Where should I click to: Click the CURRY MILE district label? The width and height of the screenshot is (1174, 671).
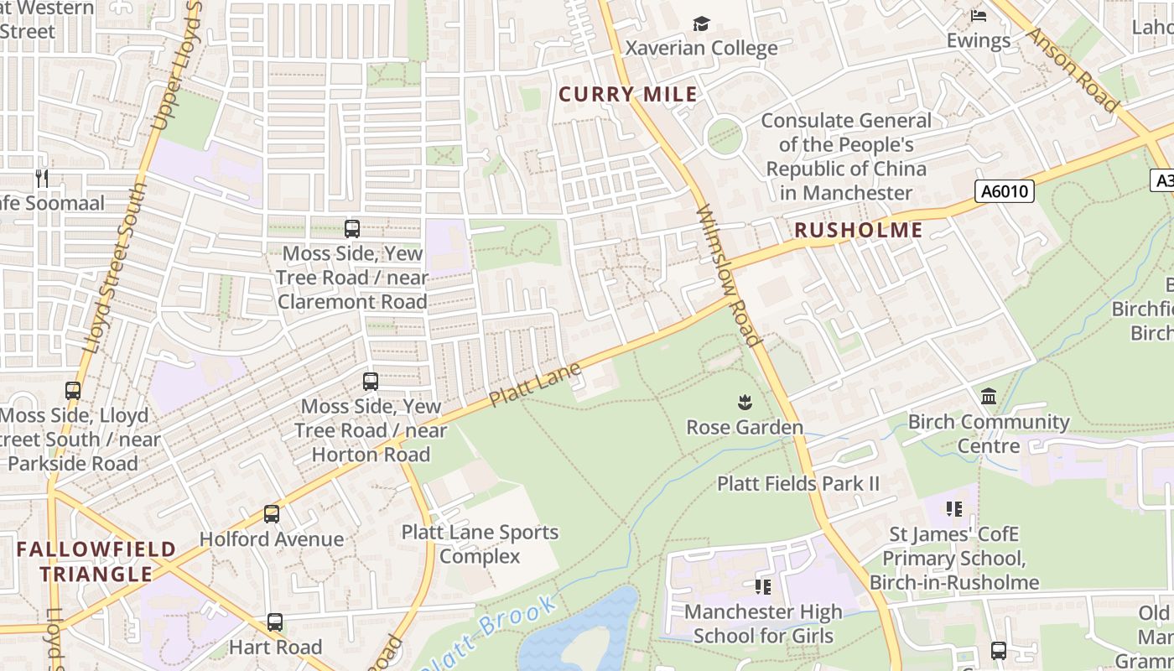628,94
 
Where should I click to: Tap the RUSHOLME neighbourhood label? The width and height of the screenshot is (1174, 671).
858,230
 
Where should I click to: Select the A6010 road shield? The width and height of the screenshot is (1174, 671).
1005,191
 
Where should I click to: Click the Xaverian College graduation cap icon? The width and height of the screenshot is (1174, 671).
701,23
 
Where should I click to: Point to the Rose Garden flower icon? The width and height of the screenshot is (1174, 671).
745,403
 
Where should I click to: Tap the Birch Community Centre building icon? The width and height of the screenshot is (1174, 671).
989,396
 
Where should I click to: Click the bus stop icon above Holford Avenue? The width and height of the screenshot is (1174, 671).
272,514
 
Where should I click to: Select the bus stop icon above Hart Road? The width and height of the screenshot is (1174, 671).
275,622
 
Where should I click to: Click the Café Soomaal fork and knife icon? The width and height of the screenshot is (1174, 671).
43,178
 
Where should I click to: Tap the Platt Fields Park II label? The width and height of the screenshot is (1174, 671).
797,483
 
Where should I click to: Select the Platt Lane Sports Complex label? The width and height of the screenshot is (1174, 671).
480,544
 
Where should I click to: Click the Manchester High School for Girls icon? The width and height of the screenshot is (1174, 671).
763,586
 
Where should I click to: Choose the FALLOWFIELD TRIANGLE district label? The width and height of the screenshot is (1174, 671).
96,562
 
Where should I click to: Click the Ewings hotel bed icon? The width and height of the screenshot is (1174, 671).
979,16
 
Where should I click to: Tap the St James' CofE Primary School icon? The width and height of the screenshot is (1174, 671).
953,509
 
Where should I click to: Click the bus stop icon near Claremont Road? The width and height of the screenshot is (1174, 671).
352,229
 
